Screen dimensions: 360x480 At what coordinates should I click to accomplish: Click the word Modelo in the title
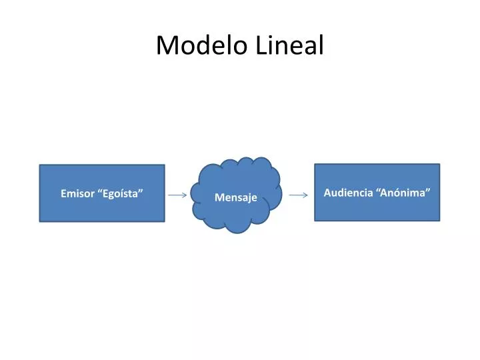click(x=203, y=45)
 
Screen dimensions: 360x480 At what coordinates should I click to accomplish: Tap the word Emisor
click(x=77, y=194)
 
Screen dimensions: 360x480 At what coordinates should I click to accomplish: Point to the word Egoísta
click(x=122, y=194)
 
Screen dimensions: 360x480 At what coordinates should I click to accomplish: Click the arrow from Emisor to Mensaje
click(x=177, y=195)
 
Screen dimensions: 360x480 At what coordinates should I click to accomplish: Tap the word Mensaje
click(x=236, y=198)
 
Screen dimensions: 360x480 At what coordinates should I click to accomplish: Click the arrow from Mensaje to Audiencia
click(x=299, y=195)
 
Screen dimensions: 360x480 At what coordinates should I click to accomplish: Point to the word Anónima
click(x=404, y=193)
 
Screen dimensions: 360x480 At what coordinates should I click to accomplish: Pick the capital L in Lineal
click(x=261, y=45)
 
